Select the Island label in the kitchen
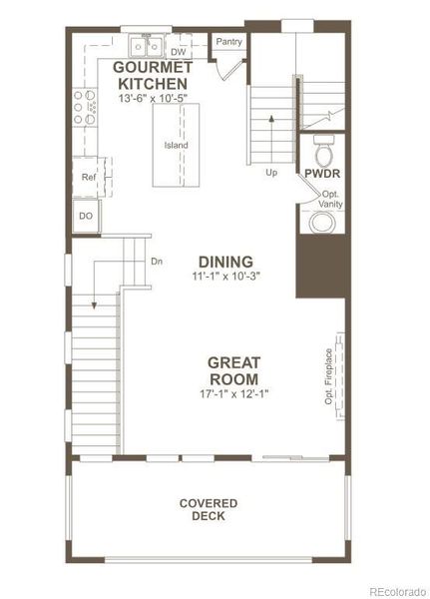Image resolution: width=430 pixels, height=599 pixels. click(177, 146)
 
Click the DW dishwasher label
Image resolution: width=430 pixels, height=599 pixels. click(180, 51)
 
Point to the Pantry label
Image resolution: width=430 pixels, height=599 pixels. click(228, 42)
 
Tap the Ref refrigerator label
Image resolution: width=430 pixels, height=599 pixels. click(87, 178)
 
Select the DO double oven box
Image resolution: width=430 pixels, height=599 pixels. click(86, 216)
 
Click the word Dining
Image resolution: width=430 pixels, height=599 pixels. click(224, 262)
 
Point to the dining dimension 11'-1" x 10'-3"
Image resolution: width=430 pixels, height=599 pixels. click(224, 277)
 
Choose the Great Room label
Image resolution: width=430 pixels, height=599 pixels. click(233, 371)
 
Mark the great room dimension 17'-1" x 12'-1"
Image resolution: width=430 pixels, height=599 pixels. click(233, 394)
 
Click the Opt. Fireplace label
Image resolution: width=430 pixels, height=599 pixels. click(328, 377)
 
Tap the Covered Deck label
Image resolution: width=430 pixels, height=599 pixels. click(209, 509)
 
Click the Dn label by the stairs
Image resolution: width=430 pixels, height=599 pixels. click(157, 262)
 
